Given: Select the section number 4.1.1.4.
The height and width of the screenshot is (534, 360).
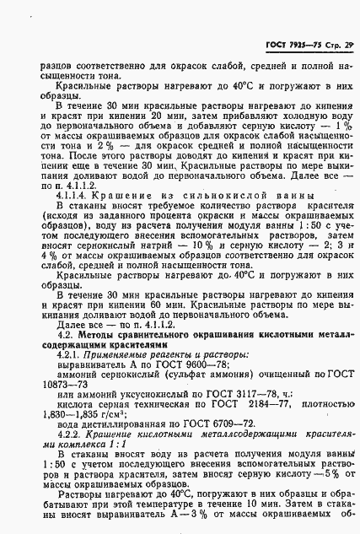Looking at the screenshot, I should pyautogui.click(x=73, y=195).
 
